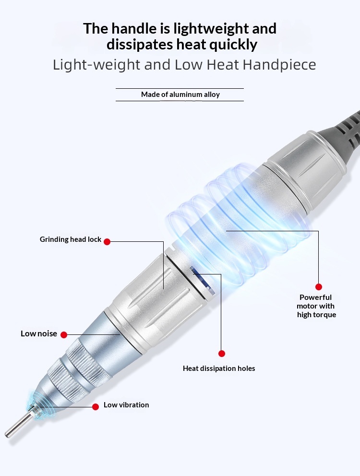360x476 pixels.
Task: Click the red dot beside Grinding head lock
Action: [107, 242]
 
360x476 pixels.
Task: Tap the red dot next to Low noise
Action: [64, 334]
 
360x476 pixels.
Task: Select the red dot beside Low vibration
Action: [96, 407]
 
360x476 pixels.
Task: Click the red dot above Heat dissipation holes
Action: [221, 353]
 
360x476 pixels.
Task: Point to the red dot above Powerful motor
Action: [318, 287]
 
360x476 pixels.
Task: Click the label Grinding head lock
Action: [71, 239]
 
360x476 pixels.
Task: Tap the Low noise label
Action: [39, 333]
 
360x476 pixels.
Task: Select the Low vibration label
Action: [126, 405]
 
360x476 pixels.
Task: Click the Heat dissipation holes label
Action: [219, 368]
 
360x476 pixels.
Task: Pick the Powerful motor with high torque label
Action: [316, 306]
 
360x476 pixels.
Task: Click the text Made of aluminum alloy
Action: [180, 95]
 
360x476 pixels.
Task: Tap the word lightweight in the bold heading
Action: [212, 28]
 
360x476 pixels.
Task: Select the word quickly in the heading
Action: [233, 45]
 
